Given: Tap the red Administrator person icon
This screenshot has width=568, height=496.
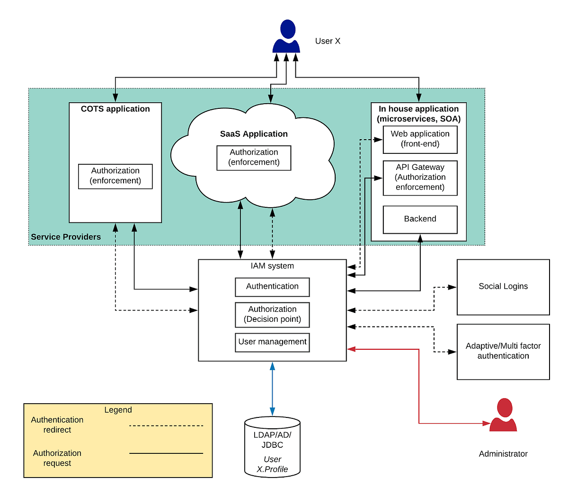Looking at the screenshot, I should click(x=503, y=415).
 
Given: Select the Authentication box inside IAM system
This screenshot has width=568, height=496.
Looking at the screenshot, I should click(x=272, y=287).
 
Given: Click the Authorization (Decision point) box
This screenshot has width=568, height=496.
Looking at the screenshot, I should click(x=272, y=315).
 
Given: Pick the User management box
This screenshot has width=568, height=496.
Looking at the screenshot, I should click(x=272, y=342).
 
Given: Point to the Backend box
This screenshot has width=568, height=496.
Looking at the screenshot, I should click(x=420, y=219).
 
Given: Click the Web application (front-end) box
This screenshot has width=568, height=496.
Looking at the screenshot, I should click(x=420, y=139).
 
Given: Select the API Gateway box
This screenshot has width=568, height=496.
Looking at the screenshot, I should click(x=420, y=177).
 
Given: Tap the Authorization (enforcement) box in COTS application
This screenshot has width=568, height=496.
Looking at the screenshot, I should click(x=115, y=176).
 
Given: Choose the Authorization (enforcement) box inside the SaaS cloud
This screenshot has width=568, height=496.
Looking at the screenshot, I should click(x=254, y=158).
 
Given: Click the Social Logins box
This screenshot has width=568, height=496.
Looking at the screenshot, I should click(x=503, y=287).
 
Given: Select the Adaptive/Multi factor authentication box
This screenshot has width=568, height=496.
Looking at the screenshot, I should click(x=503, y=351).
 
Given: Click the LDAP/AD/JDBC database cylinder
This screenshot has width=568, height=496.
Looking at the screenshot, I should click(x=272, y=446).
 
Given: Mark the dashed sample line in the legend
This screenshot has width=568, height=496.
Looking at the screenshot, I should click(x=166, y=425).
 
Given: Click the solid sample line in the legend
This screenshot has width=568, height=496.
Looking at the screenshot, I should click(x=166, y=453).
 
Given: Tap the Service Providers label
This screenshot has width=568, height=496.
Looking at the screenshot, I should click(x=66, y=237).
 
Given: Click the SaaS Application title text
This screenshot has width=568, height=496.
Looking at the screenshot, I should click(x=254, y=134).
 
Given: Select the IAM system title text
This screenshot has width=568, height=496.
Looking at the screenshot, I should click(x=272, y=266).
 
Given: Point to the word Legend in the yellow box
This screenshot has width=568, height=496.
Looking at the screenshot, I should click(x=118, y=410).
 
